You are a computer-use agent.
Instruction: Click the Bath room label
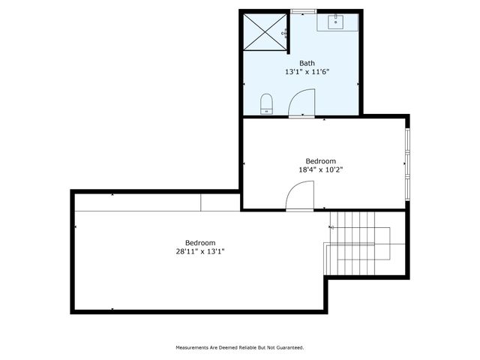tap(307, 63)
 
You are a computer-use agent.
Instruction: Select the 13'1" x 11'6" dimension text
tap(307, 72)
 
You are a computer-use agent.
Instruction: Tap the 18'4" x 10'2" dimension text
tap(321, 169)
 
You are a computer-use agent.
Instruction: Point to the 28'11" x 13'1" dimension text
tap(200, 252)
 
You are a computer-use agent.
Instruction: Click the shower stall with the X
tap(264, 31)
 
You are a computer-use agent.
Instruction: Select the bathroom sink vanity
tap(336, 22)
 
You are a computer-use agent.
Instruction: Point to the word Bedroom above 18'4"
tap(321, 160)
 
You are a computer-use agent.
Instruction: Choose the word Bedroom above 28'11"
tap(200, 243)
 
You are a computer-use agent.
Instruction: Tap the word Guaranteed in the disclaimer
tap(289, 348)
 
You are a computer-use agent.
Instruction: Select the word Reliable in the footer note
tap(244, 348)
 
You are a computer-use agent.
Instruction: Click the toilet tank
tap(266, 110)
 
